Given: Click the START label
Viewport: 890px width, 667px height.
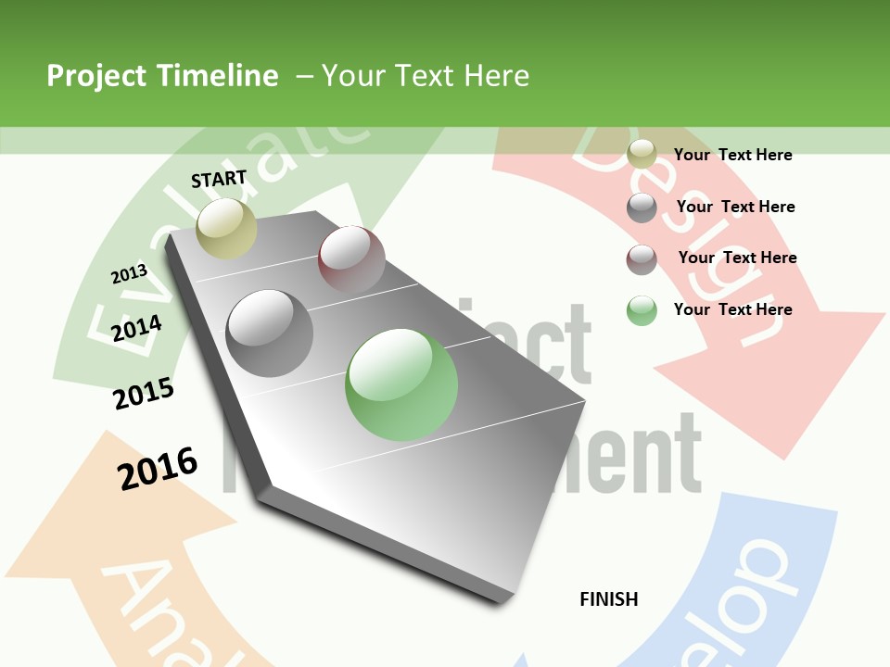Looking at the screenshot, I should [x=219, y=179].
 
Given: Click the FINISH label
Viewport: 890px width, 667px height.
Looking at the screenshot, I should [x=609, y=599].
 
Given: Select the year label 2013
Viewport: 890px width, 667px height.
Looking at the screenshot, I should [x=129, y=273].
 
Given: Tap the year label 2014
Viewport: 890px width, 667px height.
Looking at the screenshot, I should [x=137, y=328].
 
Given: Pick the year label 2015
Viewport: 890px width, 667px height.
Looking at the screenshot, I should [x=144, y=394].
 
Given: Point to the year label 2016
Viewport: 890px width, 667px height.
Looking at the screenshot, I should [x=158, y=469].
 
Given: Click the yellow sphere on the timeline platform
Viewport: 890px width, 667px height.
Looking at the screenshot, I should [x=226, y=228].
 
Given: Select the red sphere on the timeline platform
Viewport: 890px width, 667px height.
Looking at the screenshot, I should [x=351, y=258].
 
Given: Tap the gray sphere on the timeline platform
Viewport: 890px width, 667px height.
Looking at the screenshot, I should [x=270, y=333].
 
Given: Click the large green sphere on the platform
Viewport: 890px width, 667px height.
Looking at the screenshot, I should [x=401, y=384].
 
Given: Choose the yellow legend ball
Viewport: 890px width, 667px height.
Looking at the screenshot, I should [x=642, y=155].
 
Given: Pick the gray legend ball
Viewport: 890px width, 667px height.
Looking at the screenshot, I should [x=642, y=208].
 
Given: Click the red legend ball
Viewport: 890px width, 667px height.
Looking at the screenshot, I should [x=642, y=259].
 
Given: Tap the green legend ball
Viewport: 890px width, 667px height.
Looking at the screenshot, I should [x=642, y=310].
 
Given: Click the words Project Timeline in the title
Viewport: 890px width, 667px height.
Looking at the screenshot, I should [x=162, y=76].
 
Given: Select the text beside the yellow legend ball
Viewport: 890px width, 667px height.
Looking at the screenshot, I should [x=732, y=155].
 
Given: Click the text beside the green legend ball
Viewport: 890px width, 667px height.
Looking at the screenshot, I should [x=732, y=309].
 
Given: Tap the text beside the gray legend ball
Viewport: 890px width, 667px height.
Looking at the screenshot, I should [x=735, y=207].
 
